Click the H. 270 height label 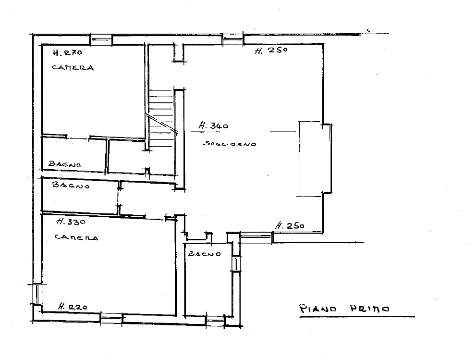point(68,52)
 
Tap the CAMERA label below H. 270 point(73,67)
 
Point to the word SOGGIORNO point(230,144)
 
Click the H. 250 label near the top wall point(271,50)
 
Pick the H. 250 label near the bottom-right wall point(290,226)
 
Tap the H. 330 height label point(71,222)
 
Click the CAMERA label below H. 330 point(76,237)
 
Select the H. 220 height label point(73,306)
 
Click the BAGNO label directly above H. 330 point(71,185)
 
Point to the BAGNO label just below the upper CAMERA point(65,164)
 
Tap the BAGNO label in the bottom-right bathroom point(205,253)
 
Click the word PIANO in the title point(318,309)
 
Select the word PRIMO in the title point(370,309)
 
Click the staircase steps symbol point(161,118)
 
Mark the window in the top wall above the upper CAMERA point(101,39)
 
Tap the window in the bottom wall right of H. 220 point(111,319)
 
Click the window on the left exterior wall point(37,294)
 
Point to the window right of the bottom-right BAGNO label point(236,263)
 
